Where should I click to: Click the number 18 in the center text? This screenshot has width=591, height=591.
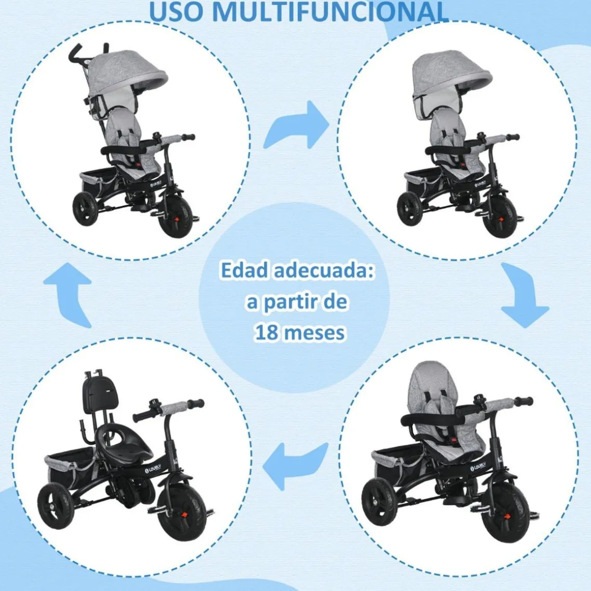[x=266, y=332]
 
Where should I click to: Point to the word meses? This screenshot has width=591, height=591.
[x=314, y=332]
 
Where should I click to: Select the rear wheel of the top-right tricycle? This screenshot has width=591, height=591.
[x=410, y=209]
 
